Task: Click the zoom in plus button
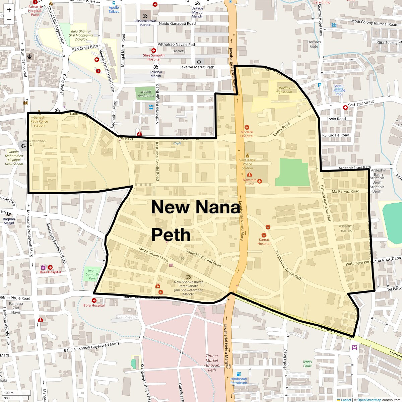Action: [9, 10]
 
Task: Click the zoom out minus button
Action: [9, 19]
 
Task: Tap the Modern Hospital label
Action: [247, 134]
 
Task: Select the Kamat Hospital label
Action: [264, 242]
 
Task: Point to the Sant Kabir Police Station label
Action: [247, 164]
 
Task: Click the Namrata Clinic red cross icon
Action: [259, 181]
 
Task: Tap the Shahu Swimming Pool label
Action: [339, 90]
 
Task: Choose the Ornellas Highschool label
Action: [284, 90]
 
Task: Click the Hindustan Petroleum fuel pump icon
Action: [239, 374]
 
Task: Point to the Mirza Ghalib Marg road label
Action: [153, 255]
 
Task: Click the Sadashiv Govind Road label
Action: [204, 258]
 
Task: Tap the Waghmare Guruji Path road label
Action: [288, 265]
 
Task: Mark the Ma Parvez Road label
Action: [345, 191]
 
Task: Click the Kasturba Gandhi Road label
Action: [157, 161]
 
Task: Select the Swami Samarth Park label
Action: [92, 274]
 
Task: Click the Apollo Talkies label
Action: [114, 9]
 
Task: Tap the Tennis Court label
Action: [307, 364]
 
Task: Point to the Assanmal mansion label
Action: [347, 228]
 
